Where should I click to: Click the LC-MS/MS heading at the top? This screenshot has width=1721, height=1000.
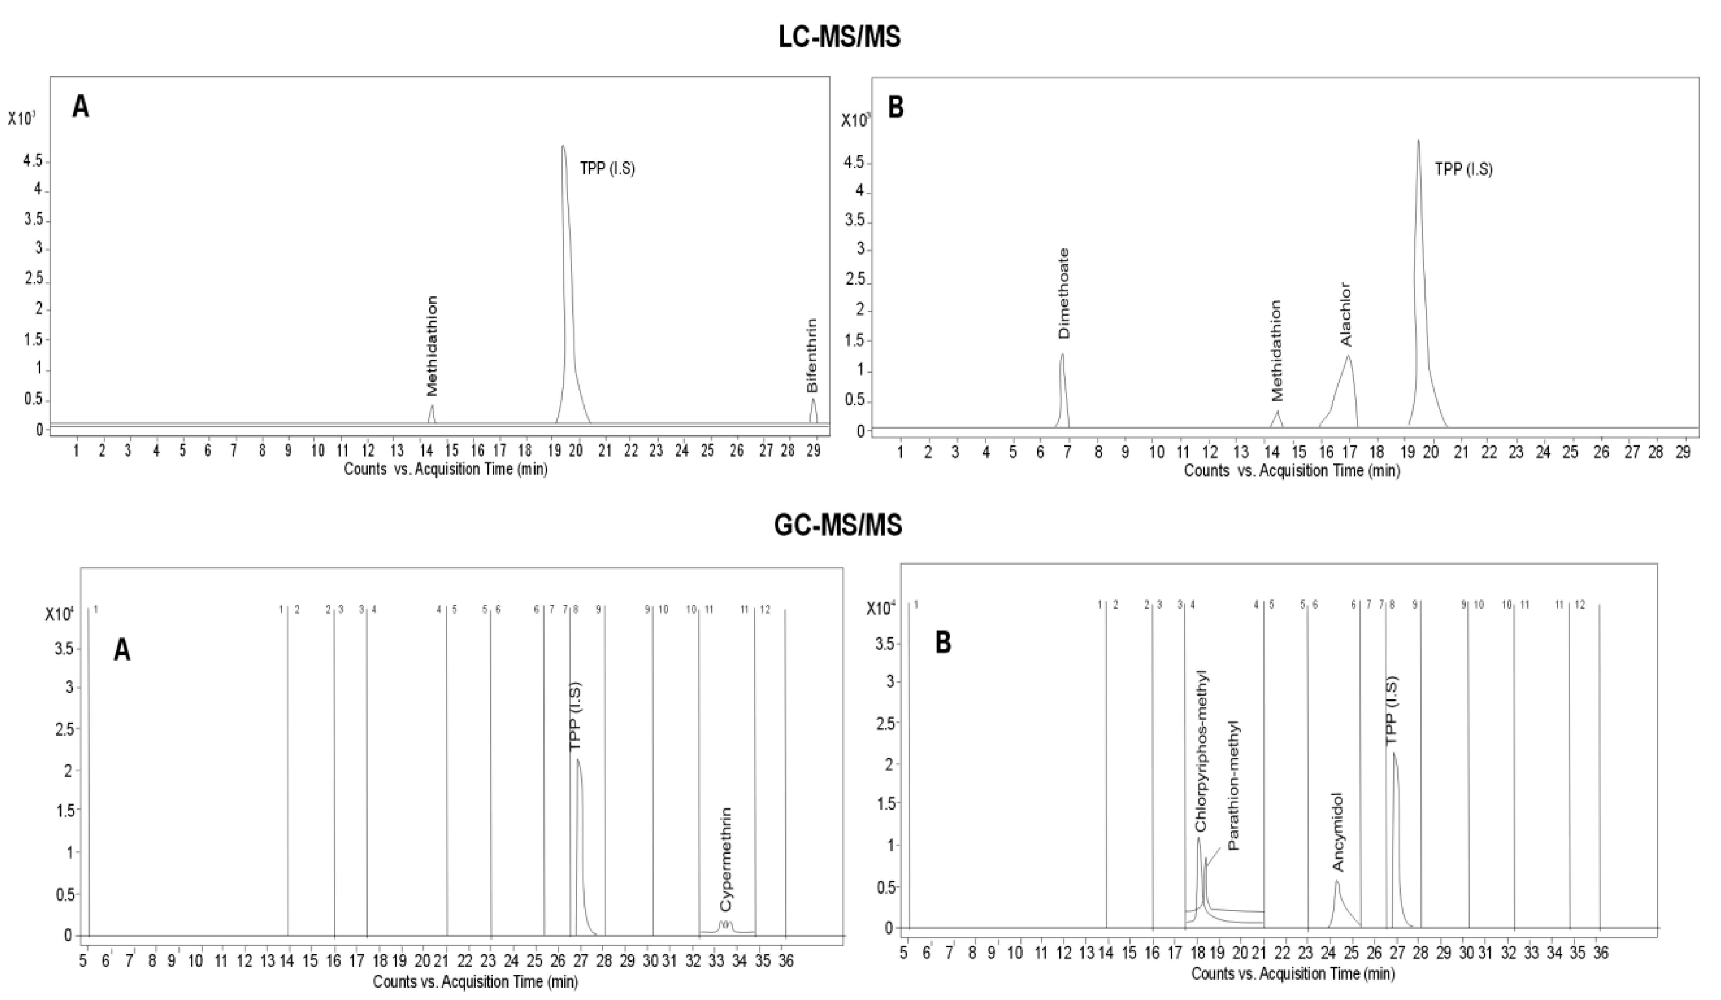839,37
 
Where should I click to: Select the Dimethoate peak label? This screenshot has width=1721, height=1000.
1064,294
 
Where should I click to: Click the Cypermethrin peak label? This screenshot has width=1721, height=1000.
726,860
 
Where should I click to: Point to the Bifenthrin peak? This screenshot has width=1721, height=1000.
813,400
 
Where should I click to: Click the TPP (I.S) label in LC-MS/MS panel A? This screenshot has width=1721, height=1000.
607,169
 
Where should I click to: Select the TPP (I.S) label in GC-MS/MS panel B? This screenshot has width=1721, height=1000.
1391,711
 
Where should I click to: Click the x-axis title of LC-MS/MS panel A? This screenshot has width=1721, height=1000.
445,470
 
